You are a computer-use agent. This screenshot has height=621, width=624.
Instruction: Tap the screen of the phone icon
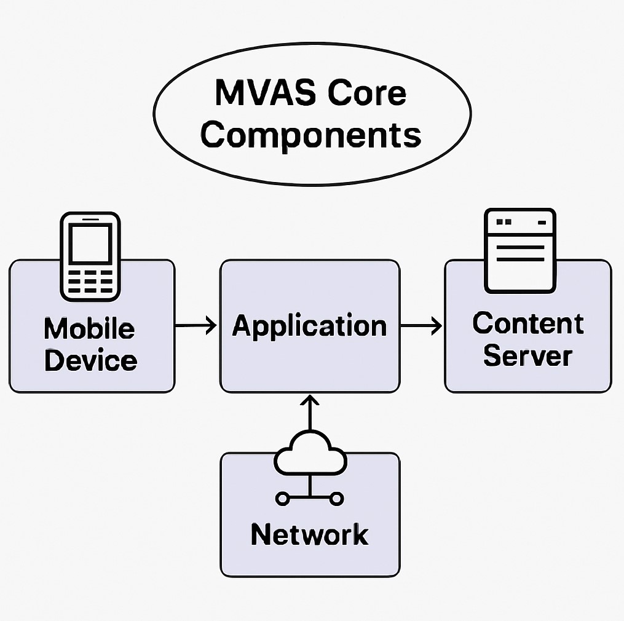click(x=90, y=243)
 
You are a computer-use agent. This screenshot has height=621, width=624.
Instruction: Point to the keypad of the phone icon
click(x=90, y=281)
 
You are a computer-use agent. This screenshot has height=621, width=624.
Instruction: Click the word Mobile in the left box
click(x=89, y=329)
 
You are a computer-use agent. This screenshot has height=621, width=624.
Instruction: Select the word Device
click(x=90, y=360)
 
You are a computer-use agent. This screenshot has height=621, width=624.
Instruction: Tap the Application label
click(x=309, y=325)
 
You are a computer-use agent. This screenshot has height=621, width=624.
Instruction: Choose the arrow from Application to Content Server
click(x=421, y=325)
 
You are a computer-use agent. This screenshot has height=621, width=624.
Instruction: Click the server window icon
click(x=520, y=250)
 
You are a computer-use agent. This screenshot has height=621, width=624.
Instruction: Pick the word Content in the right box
click(x=528, y=323)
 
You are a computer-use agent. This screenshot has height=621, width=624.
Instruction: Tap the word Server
click(x=527, y=357)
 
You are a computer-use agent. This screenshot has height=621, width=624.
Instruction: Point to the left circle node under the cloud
click(x=283, y=497)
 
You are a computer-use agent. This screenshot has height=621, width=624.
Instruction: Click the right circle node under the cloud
click(x=336, y=497)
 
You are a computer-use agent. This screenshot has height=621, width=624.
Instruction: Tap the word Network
click(x=309, y=534)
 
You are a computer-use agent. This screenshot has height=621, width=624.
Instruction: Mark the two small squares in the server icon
click(x=504, y=221)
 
